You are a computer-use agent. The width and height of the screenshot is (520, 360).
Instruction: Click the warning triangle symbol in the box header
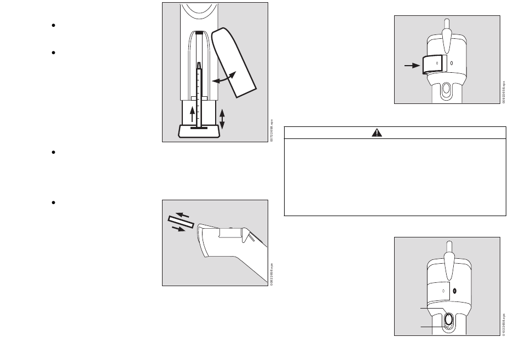377,133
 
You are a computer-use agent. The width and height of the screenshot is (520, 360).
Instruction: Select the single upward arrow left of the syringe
192,115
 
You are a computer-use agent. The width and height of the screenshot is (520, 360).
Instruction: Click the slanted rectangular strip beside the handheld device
181,222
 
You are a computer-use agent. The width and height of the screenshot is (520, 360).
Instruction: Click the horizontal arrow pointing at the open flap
411,65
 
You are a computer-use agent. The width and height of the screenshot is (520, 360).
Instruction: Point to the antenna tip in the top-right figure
447,23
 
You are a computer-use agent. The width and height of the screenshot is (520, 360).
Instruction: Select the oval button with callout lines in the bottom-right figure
448,320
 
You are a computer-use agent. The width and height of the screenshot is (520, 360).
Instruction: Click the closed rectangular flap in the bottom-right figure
438,290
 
